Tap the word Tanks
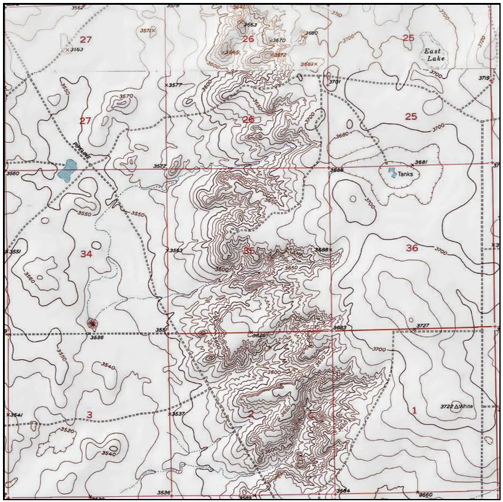tap(405, 174)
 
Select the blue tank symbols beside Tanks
tap(392, 172)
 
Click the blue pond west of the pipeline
tap(66, 170)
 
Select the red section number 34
tap(86, 255)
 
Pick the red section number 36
tap(411, 248)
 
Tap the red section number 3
tap(89, 415)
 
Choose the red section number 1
tap(414, 410)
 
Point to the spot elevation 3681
tap(420, 163)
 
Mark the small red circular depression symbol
tap(92, 323)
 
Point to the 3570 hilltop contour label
tap(125, 96)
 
